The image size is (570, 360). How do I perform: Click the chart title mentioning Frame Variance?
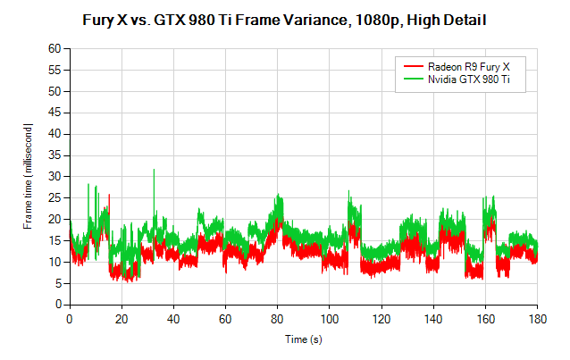[x=285, y=18]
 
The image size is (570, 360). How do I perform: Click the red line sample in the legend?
[x=412, y=67]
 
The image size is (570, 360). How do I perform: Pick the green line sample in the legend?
[x=412, y=80]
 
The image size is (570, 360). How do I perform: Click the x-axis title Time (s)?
[x=304, y=340]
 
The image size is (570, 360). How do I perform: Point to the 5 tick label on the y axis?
[x=56, y=283]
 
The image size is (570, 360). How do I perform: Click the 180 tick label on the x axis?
[x=538, y=317]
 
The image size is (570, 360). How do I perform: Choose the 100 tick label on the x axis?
[x=330, y=317]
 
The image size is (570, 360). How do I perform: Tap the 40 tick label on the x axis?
[x=173, y=317]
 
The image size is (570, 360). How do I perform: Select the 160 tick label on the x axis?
[x=486, y=317]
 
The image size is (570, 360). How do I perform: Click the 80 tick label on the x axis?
[x=278, y=317]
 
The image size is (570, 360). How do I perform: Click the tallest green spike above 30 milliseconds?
[x=154, y=172]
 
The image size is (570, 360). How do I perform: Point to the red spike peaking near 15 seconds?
[x=109, y=197]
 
